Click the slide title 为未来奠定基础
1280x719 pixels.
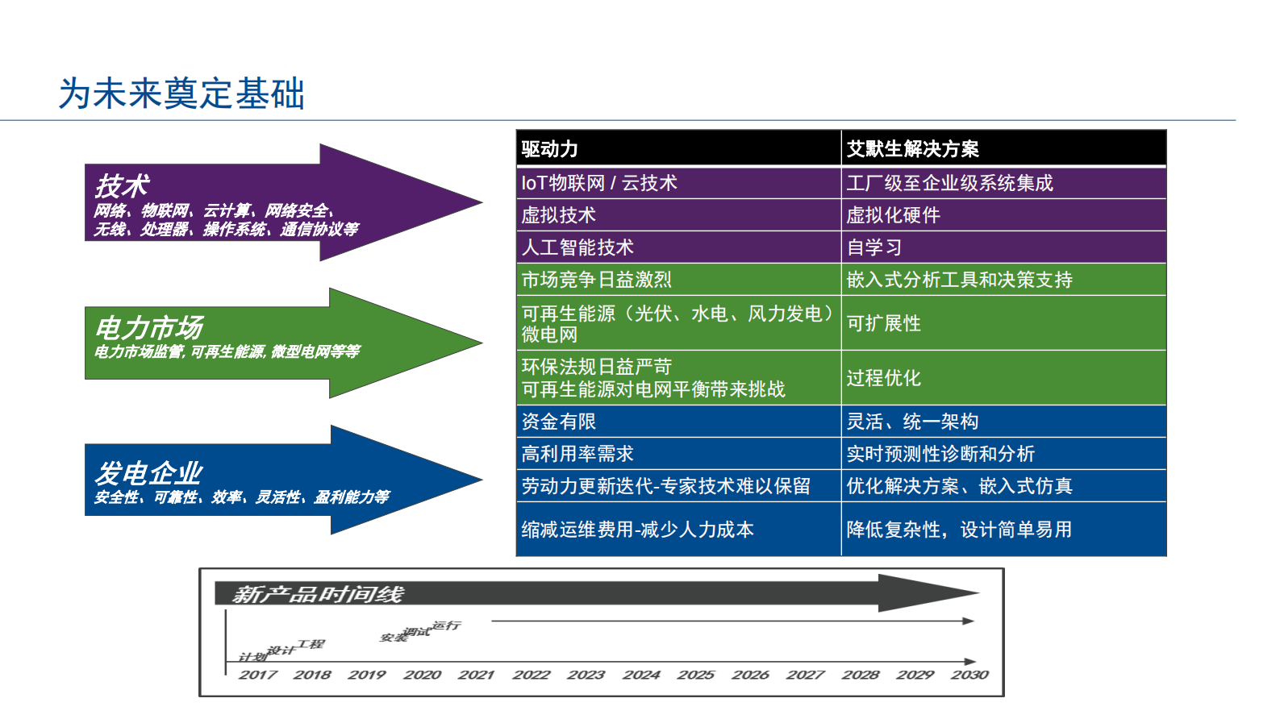pyautogui.click(x=181, y=94)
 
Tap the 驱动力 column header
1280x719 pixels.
pyautogui.click(x=550, y=149)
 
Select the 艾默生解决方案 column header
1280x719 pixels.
pyautogui.click(x=912, y=149)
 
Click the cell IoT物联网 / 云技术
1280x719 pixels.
pyautogui.click(x=599, y=183)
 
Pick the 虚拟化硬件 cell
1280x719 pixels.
pyautogui.click(x=893, y=215)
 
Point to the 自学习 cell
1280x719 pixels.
pyautogui.click(x=873, y=247)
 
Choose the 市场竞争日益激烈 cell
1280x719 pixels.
pyautogui.click(x=596, y=280)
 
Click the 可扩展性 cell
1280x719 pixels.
pyautogui.click(x=883, y=323)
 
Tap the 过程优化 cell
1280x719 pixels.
pyautogui.click(x=883, y=378)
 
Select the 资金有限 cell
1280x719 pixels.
pyautogui.click(x=558, y=422)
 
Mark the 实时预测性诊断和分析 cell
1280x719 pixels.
pyautogui.click(x=940, y=454)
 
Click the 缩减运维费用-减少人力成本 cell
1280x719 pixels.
pyautogui.click(x=637, y=530)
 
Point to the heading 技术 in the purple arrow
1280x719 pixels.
pyautogui.click(x=123, y=186)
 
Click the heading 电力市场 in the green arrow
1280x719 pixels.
pyautogui.click(x=149, y=328)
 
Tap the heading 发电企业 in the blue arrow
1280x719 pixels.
pyautogui.click(x=149, y=473)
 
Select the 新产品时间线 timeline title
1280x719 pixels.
pyautogui.click(x=318, y=595)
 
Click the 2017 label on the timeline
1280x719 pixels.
pyautogui.click(x=257, y=675)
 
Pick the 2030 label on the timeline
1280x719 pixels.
pyautogui.click(x=969, y=675)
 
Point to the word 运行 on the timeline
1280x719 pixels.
pyautogui.click(x=446, y=625)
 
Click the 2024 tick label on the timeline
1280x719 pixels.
pyautogui.click(x=641, y=675)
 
